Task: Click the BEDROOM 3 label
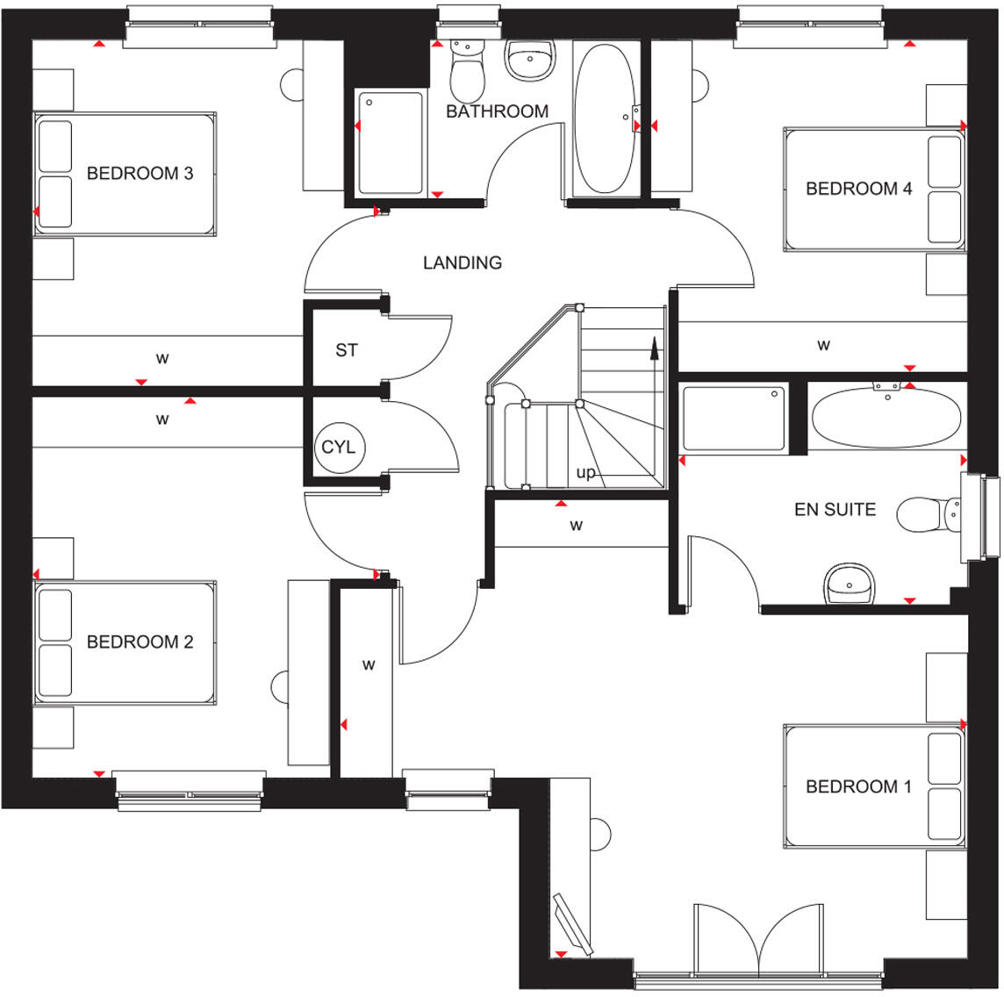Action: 140,174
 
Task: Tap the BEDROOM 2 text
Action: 140,642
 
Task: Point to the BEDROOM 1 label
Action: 858,786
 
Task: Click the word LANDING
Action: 463,262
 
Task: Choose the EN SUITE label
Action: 835,509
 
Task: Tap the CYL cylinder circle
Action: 338,448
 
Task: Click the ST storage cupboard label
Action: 347,350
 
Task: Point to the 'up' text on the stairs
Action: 585,473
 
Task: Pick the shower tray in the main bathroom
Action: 390,144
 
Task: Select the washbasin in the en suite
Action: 849,584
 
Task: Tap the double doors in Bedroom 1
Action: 757,939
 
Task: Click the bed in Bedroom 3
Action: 125,174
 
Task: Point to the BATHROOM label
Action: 497,112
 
